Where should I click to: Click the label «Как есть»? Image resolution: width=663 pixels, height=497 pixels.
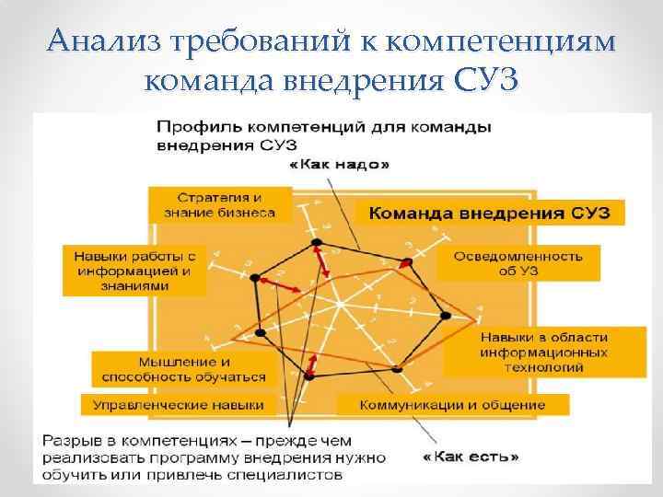coord(471,456)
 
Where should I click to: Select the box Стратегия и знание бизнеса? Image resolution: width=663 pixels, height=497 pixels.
coord(219,204)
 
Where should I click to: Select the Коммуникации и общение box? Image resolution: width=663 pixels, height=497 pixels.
coord(452,404)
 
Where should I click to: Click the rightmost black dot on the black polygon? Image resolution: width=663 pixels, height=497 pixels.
coord(446,316)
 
